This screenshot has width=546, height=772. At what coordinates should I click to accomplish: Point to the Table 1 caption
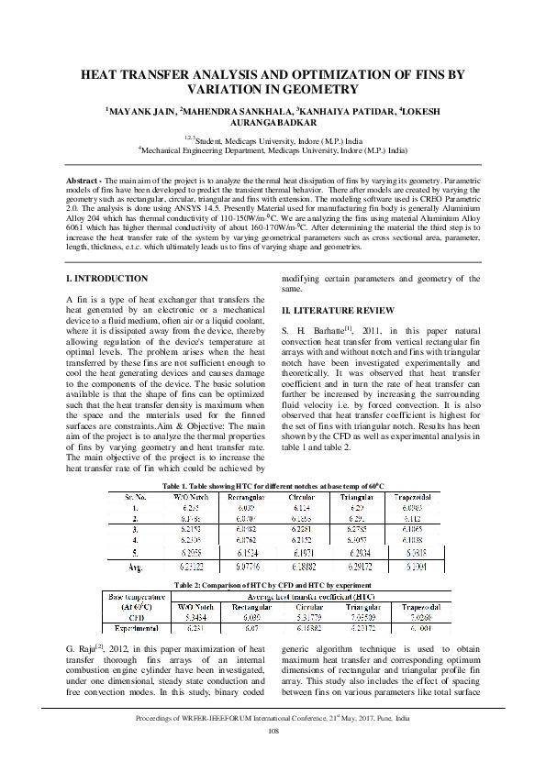273,484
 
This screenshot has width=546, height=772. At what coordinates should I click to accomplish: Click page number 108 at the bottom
273,756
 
